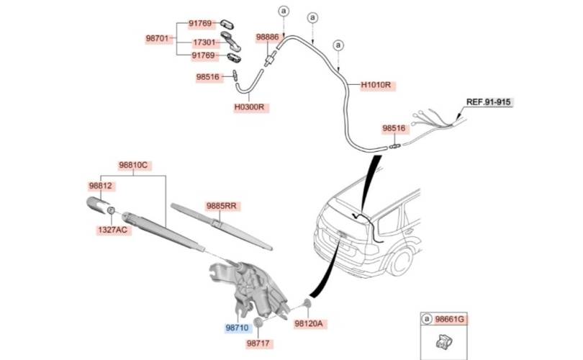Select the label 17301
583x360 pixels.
tap(204, 42)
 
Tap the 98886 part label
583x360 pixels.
tap(267, 37)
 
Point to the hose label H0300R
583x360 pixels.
tap(249, 107)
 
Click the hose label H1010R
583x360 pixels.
tap(376, 85)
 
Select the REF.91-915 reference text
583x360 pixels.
tap(489, 102)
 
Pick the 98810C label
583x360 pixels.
tap(133, 165)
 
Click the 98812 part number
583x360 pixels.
tap(100, 186)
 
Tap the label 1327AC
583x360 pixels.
tap(113, 230)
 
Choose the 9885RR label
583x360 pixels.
tap(222, 206)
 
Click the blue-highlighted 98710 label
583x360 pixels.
tap(237, 328)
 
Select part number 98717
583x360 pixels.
tap(258, 343)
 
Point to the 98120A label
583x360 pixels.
tap(309, 324)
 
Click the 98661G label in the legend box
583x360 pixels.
tap(450, 319)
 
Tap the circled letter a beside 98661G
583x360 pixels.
tap(427, 319)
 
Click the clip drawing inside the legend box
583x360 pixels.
tap(443, 342)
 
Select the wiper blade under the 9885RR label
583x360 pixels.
tap(221, 227)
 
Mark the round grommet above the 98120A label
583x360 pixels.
tap(308, 303)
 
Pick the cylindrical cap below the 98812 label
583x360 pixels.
tap(99, 205)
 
